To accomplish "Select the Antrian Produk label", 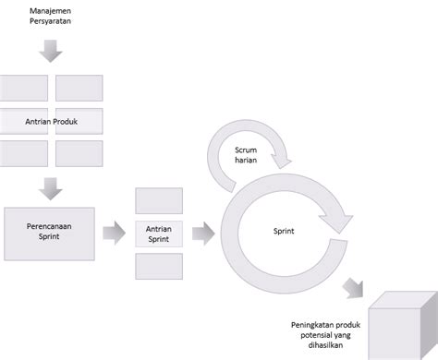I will [51, 120].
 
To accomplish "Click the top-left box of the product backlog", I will [26, 87].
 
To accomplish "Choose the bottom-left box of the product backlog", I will [26, 153].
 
